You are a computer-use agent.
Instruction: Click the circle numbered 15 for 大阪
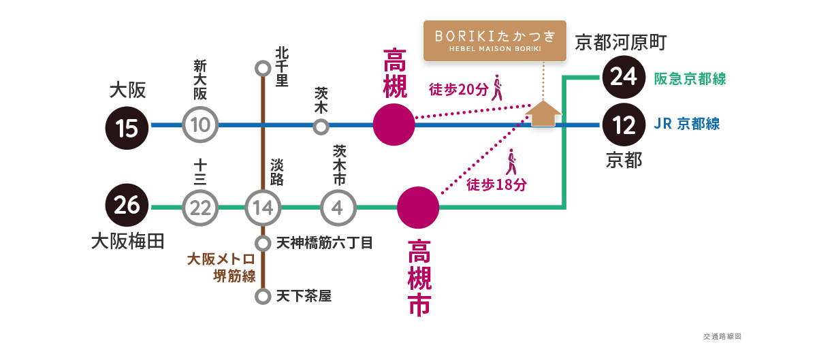127,126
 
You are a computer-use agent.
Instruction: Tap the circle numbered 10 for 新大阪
201,125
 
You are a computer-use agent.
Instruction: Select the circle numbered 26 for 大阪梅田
127,206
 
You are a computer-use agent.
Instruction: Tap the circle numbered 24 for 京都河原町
623,78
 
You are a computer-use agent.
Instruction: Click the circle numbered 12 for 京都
623,125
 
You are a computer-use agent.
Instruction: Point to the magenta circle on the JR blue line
394,126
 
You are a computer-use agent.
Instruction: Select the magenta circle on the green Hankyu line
418,207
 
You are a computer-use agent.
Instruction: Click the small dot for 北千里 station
263,68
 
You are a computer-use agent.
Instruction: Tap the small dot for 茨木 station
321,126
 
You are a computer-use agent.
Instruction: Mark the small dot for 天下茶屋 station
263,297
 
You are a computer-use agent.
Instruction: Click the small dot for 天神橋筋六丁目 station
263,243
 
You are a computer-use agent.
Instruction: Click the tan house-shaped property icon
545,114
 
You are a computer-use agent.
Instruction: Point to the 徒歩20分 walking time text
458,89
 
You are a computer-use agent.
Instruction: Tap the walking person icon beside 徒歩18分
511,164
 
